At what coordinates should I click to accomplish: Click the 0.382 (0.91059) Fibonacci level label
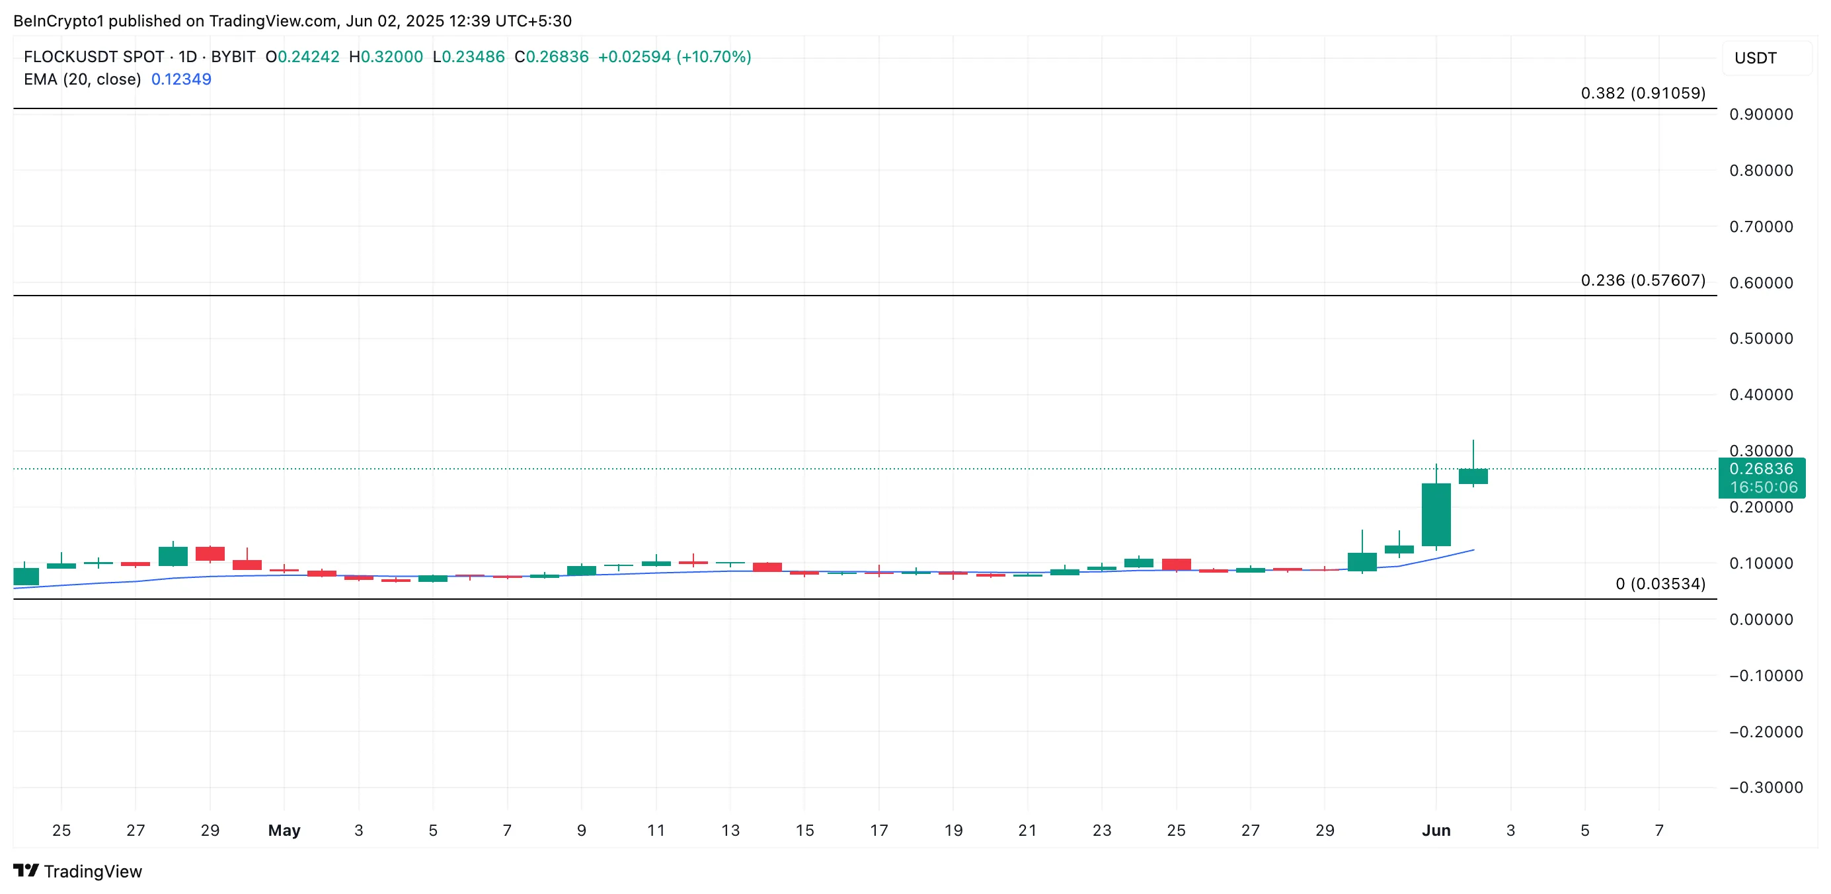[1642, 93]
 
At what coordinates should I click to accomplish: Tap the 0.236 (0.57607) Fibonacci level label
[1642, 280]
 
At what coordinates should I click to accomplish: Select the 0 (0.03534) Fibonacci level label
[1660, 584]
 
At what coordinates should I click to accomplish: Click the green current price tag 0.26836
[1761, 469]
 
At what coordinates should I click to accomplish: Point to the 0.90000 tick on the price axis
[1761, 114]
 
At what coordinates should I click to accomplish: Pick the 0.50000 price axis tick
[1761, 339]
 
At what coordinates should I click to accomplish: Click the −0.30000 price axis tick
[1766, 788]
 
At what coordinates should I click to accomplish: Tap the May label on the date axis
[284, 830]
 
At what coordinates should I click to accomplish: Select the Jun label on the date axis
[1436, 830]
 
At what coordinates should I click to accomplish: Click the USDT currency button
[1755, 58]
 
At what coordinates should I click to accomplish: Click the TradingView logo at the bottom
[78, 872]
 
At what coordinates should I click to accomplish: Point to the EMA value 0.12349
[180, 79]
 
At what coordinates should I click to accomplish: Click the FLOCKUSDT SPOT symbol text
[94, 57]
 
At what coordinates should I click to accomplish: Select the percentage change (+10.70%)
[713, 57]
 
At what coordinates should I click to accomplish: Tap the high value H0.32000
[386, 57]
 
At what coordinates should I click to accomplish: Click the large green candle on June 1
[1436, 515]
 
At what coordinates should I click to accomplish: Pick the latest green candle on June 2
[1473, 477]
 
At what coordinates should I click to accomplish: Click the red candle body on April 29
[210, 553]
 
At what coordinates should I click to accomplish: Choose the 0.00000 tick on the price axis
[1761, 620]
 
